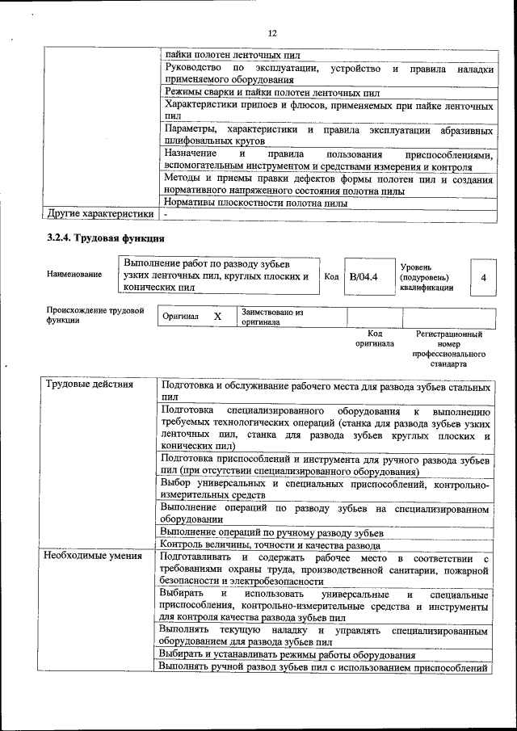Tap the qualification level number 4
[483, 277]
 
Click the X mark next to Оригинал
[217, 317]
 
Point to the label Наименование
[74, 274]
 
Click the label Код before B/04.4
[331, 276]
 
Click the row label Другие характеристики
[100, 214]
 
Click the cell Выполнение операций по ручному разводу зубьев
[271, 532]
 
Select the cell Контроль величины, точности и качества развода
[270, 545]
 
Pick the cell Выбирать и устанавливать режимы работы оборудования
[288, 655]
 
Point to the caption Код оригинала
[374, 338]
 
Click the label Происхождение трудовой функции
[95, 315]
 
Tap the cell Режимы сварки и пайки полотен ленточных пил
[271, 93]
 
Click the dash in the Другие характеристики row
[165, 215]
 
